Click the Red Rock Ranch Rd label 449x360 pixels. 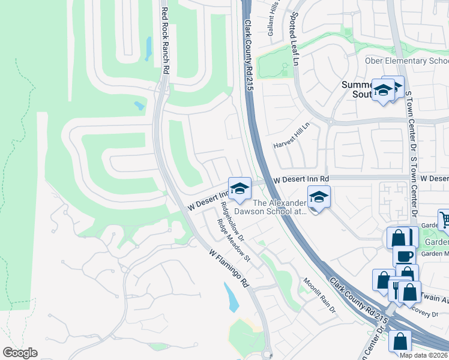click(x=165, y=40)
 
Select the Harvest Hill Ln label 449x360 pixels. click(x=291, y=136)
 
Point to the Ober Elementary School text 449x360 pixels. click(x=406, y=61)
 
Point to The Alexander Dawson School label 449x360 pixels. click(x=280, y=207)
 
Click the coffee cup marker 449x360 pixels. click(x=404, y=256)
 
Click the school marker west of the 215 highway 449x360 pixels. click(x=239, y=188)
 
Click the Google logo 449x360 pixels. click(x=20, y=353)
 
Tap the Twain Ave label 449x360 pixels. click(x=434, y=296)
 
